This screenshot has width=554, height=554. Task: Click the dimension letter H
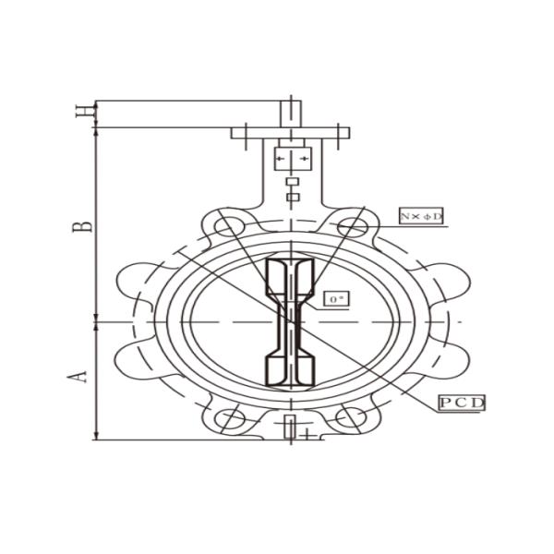(84, 112)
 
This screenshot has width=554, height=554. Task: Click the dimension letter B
(82, 224)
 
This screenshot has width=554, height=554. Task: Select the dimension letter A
(81, 375)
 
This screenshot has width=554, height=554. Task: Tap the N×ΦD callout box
(421, 215)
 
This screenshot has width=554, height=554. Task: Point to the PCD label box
(462, 403)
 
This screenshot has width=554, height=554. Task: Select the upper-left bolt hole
(224, 226)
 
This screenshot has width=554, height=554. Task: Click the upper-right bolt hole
(353, 226)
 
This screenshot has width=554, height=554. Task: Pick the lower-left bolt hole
(224, 418)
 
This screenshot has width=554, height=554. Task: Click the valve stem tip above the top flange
(292, 110)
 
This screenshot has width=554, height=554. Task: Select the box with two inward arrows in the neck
(292, 159)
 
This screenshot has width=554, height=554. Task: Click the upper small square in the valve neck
(293, 182)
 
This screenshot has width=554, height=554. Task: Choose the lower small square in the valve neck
(293, 197)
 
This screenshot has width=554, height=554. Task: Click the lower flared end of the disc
(290, 368)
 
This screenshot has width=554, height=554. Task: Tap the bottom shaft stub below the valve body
(292, 428)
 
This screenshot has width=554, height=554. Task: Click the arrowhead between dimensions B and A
(97, 322)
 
